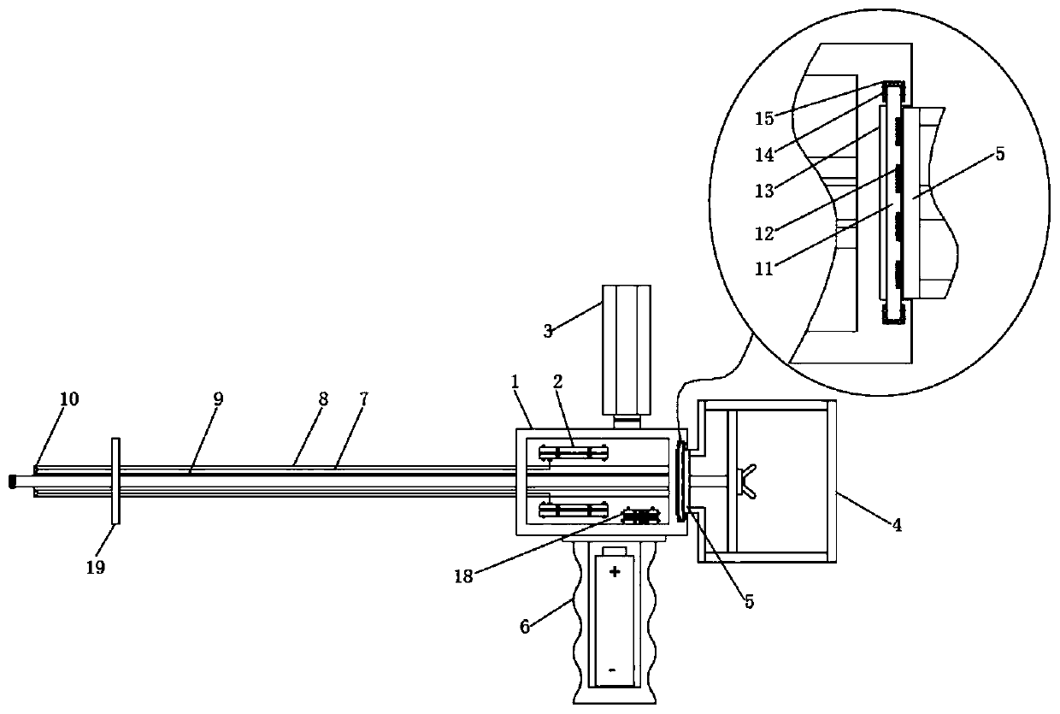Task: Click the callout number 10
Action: click(69, 399)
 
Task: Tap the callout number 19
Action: click(96, 566)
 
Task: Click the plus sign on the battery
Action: click(614, 570)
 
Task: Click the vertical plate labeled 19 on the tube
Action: click(115, 481)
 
